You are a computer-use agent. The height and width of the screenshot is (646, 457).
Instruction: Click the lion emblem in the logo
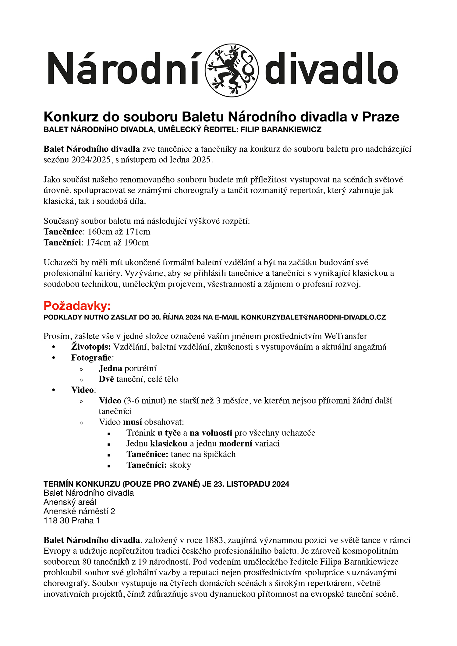pos(232,70)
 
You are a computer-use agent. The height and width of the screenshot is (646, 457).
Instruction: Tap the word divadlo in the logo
pos(331,69)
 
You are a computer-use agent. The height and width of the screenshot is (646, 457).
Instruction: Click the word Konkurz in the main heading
pos(71,117)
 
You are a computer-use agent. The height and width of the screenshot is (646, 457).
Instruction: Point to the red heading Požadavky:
pos(77,305)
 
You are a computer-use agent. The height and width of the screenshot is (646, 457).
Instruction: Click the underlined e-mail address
pos(313,317)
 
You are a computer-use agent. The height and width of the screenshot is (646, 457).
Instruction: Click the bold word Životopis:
pos(91,347)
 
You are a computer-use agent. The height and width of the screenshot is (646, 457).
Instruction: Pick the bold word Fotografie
pos(91,358)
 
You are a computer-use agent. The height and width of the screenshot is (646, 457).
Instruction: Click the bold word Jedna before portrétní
pos(110,369)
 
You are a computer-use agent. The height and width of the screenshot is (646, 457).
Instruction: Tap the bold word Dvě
pos(106,379)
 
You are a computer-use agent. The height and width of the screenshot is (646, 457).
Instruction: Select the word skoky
pos(180,465)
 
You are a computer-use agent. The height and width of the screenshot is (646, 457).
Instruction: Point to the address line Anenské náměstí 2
pos(79,511)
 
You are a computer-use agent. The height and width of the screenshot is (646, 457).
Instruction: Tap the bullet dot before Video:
pos(54,390)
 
